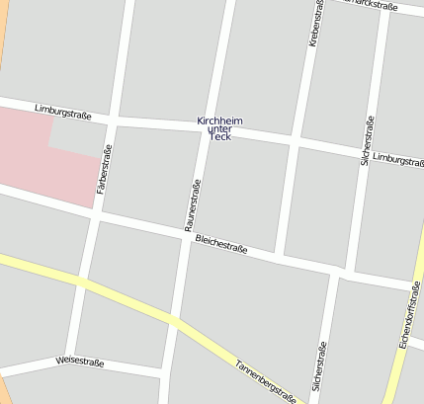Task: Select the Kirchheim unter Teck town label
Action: pos(219,128)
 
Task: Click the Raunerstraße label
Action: pos(193,205)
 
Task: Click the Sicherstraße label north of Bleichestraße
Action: pos(367,140)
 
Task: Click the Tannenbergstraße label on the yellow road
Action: pos(265,380)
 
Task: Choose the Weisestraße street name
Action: pos(80,363)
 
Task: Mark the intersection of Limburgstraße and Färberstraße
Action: pos(113,120)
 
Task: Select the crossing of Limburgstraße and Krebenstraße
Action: pos(295,141)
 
